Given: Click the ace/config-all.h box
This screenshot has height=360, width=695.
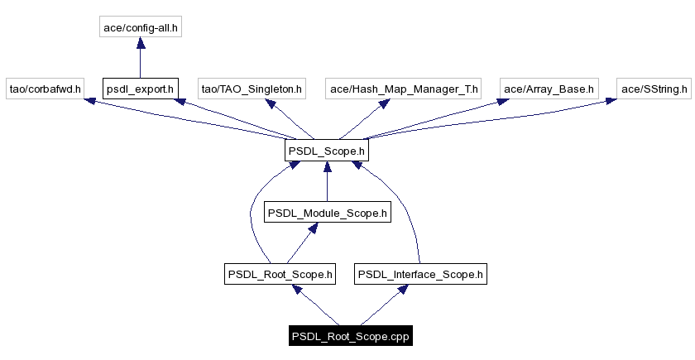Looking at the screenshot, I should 140,27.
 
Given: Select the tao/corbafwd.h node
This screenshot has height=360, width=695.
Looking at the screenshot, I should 45,88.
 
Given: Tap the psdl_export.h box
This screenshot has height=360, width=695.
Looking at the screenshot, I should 140,88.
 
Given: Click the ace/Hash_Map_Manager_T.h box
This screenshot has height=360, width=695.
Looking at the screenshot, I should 404,88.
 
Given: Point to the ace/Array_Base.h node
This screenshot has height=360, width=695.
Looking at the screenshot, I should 549,88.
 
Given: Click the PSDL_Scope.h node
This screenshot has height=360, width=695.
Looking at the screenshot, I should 326,151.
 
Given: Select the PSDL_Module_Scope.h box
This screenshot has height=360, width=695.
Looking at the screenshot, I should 326,213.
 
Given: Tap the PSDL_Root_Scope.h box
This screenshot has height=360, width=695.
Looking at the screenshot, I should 280,274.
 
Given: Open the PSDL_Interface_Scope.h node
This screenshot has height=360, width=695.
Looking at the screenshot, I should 420,274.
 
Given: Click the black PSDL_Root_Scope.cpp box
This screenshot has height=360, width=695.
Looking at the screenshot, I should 351,337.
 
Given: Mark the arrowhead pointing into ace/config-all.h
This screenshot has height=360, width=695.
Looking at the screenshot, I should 140,46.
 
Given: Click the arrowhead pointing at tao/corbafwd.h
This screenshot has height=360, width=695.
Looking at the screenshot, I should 90,101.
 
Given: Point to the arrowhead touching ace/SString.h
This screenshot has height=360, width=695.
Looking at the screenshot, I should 609,102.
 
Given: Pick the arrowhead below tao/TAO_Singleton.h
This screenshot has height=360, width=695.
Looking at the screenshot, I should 269,104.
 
